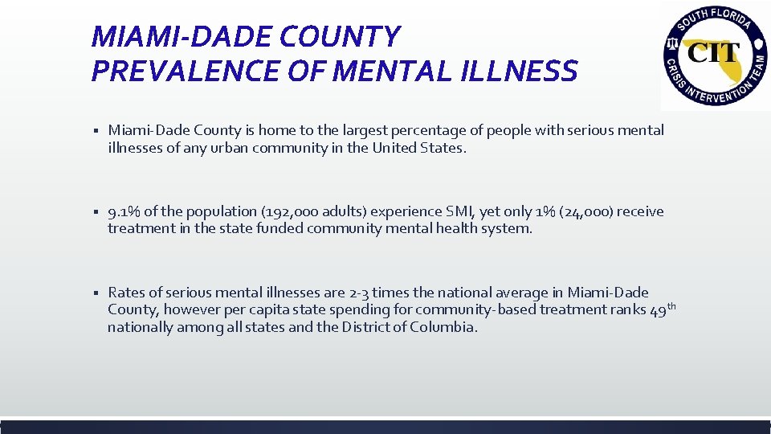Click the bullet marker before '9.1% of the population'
click(95, 212)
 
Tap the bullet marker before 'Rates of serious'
click(95, 293)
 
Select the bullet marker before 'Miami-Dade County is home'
click(95, 131)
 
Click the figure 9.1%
click(124, 211)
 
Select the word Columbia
click(444, 327)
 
